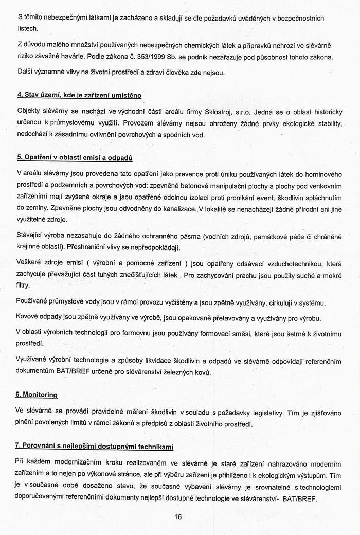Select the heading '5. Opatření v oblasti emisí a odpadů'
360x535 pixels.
(75, 156)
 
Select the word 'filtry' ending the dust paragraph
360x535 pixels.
(25, 284)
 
